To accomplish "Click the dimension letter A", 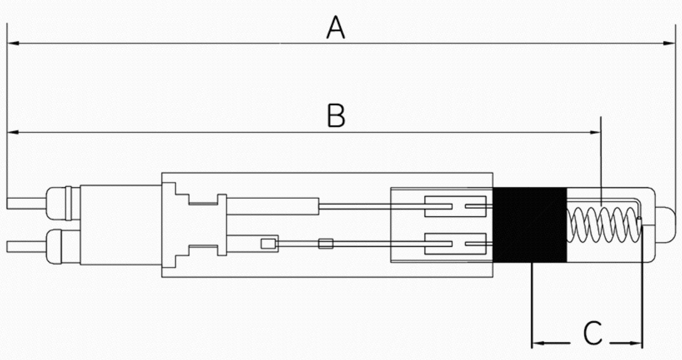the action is pos(336,27).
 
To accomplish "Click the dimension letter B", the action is pos(336,116).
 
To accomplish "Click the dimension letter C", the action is pos(593,333).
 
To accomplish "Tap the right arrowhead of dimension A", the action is pos(669,43).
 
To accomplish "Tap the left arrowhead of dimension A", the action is pos(13,43).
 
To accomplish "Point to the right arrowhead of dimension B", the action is pos(595,132).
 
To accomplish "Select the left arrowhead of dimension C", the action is pos(538,343).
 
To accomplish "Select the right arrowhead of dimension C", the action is pos(636,343).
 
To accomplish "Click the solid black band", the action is pos(530,225).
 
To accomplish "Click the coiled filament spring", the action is pos(605,224).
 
